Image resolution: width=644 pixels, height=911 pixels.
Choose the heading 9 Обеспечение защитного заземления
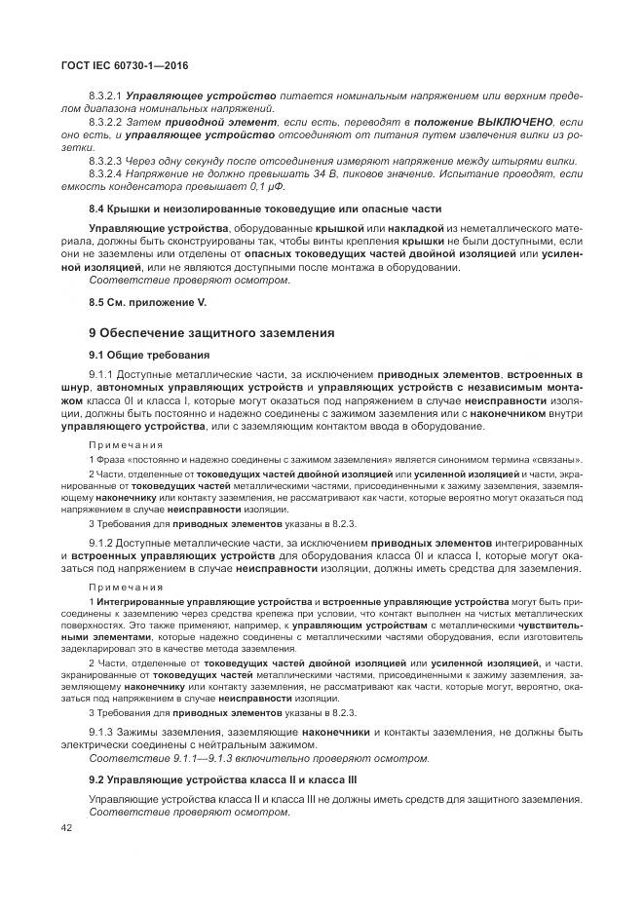point(211,333)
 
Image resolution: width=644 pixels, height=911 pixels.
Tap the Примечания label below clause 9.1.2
point(126,588)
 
